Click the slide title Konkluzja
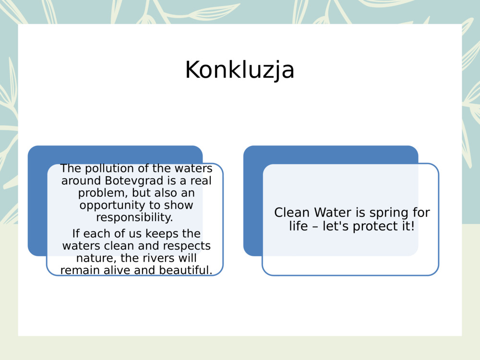[240, 70]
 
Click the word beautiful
[185, 270]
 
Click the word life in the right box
[298, 226]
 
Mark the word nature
[94, 258]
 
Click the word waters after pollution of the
[192, 168]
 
